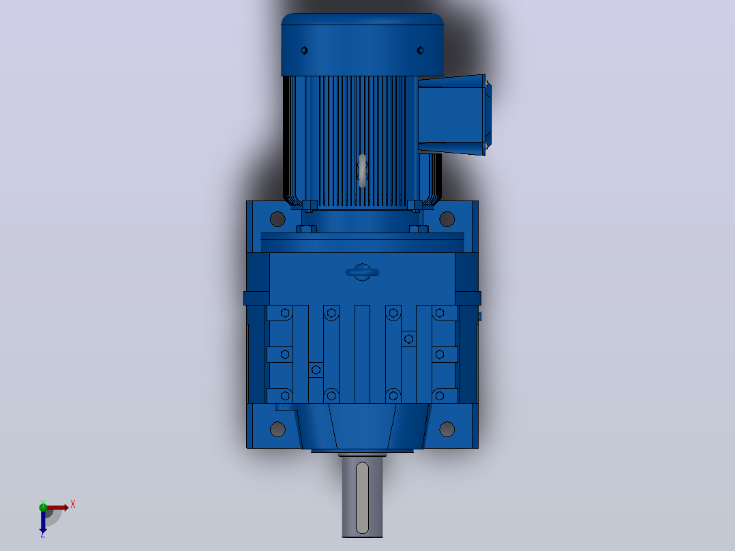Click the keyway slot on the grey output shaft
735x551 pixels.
pyautogui.click(x=362, y=498)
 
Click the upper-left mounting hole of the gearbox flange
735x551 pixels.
pyautogui.click(x=277, y=218)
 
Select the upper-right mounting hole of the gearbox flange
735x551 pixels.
pyautogui.click(x=447, y=218)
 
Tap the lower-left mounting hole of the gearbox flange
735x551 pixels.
pyautogui.click(x=277, y=429)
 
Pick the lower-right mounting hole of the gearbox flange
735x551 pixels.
pyautogui.click(x=447, y=429)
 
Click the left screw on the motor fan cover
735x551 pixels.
pyautogui.click(x=304, y=50)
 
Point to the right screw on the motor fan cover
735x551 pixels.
pyautogui.click(x=420, y=50)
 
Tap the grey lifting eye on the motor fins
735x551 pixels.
pyautogui.click(x=362, y=170)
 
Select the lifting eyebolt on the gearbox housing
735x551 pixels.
pyautogui.click(x=362, y=272)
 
